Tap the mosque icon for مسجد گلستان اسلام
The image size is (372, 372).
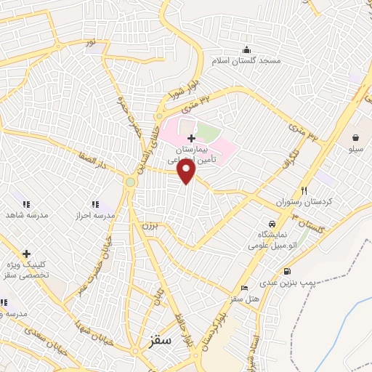(247, 50)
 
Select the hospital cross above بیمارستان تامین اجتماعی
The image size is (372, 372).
(191, 138)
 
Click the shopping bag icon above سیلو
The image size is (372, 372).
(356, 137)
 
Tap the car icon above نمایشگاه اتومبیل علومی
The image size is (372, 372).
(271, 224)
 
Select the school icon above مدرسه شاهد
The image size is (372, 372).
(26, 205)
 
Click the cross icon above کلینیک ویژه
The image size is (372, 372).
(26, 254)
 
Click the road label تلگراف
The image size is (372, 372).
(309, 162)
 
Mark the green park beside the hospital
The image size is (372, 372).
(208, 134)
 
